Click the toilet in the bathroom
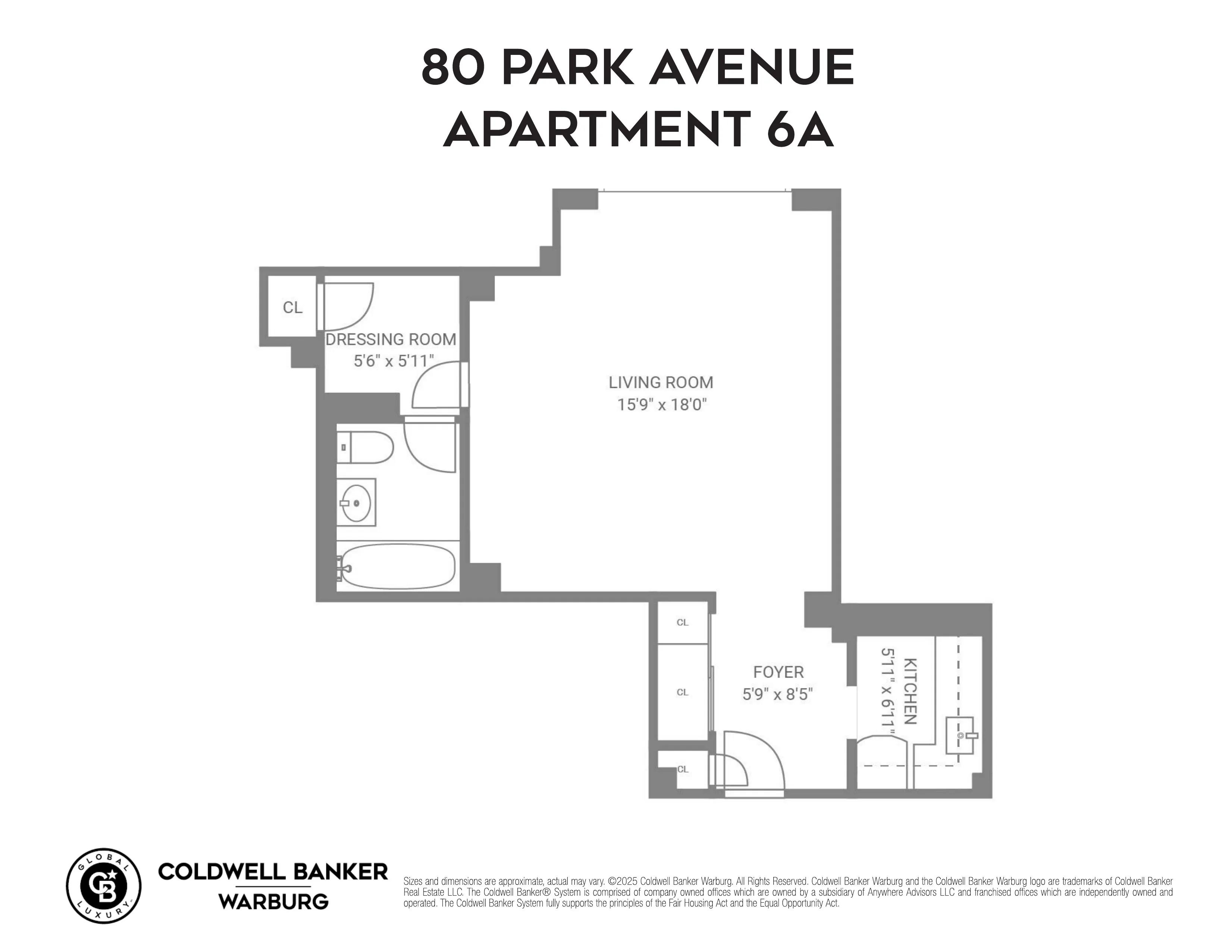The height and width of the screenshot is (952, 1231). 365,447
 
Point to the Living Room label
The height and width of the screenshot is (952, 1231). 661,382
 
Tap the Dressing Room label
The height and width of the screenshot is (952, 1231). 391,339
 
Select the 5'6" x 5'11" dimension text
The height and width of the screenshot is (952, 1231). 394,361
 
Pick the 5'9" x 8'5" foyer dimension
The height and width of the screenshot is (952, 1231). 777,694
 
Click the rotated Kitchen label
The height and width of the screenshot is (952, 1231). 910,691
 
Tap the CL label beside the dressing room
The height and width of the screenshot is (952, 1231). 292,307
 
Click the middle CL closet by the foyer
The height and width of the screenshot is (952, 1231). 683,692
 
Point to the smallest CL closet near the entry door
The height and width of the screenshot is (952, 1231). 683,769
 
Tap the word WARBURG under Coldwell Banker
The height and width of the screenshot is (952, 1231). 273,901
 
